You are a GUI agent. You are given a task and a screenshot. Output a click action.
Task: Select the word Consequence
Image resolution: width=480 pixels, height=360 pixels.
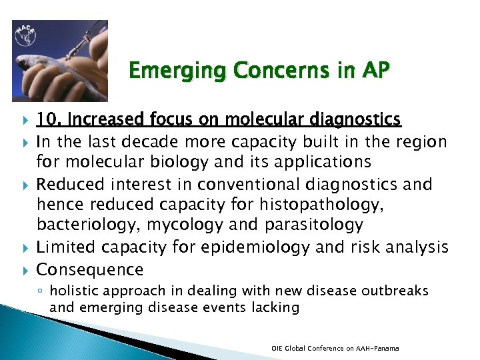click(x=90, y=269)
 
